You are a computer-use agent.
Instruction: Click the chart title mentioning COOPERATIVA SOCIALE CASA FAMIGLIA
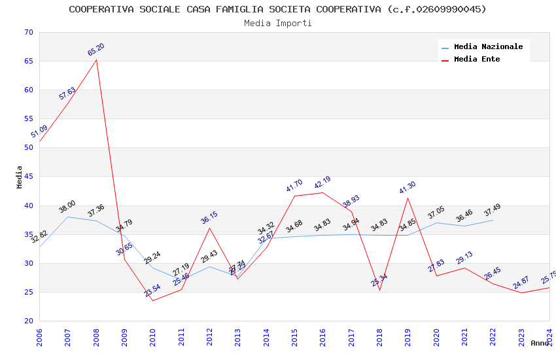277,9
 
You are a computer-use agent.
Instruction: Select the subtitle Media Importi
277,24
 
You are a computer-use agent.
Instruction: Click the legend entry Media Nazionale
488,47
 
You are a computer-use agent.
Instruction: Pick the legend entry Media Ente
477,60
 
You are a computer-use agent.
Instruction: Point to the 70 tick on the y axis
27,33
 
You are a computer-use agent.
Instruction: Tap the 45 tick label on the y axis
27,177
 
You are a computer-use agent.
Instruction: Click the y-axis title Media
20,177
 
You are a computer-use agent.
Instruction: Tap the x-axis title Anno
540,343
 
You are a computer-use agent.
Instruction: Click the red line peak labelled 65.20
96,60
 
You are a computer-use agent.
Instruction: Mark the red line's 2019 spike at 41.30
408,198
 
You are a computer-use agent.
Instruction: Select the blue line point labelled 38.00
68,217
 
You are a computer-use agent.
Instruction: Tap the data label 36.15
209,218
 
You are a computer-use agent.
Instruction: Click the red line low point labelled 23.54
153,300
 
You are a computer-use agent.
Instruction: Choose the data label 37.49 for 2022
493,211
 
